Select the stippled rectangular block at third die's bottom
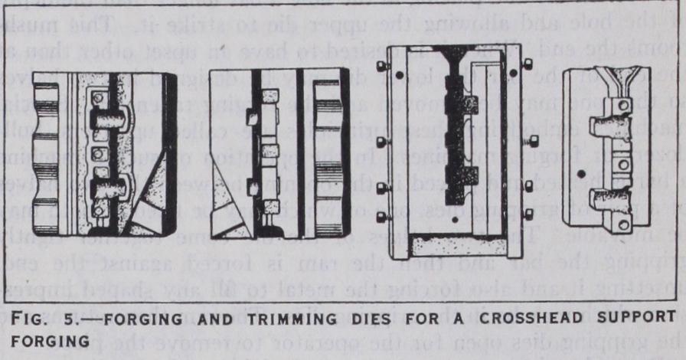click(x=458, y=244)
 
